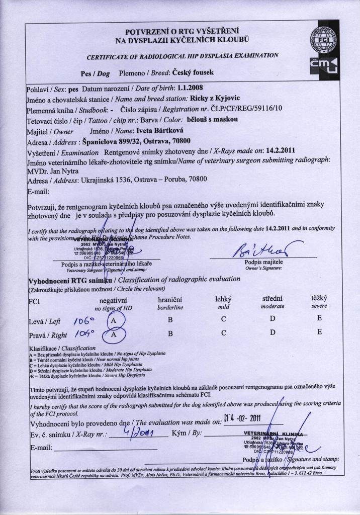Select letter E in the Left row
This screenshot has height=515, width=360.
(319, 319)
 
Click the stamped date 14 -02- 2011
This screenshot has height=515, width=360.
(243, 417)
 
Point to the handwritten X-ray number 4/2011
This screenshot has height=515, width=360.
(139, 432)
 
